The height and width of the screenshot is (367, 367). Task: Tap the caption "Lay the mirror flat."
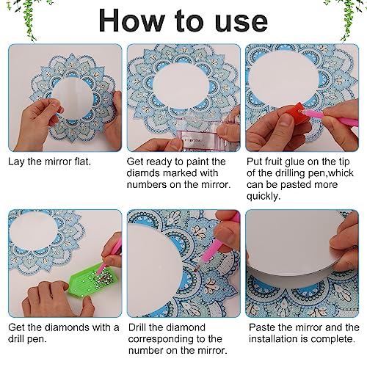pyautogui.click(x=49, y=159)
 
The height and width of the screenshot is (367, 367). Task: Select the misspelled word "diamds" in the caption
pyautogui.click(x=147, y=172)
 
